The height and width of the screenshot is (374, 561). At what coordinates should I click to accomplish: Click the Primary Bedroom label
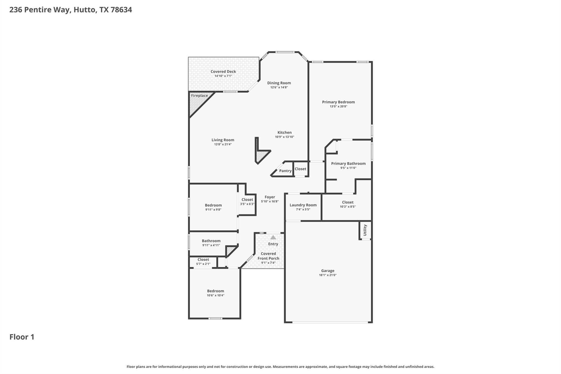[x=338, y=102]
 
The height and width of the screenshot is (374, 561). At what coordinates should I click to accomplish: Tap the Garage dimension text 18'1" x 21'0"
[x=328, y=275]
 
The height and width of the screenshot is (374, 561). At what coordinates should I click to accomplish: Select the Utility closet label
[x=365, y=230]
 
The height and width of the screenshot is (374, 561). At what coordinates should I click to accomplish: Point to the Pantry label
[x=285, y=171]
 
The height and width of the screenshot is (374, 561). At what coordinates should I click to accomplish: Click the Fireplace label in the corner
[x=199, y=96]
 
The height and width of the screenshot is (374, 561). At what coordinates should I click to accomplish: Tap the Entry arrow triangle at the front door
[x=273, y=237]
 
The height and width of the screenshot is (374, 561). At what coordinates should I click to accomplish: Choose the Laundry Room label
[x=303, y=205]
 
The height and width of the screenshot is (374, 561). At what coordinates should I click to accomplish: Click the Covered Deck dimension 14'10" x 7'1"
[x=223, y=76]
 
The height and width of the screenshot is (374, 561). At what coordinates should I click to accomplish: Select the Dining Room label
[x=279, y=83]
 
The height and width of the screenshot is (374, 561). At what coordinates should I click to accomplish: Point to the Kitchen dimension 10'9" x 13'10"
[x=284, y=137]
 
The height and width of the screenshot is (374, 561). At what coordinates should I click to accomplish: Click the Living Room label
[x=223, y=140]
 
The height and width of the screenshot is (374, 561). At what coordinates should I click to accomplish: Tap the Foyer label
[x=270, y=197]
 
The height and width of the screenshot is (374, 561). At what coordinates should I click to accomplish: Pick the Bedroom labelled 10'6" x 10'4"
[x=215, y=291]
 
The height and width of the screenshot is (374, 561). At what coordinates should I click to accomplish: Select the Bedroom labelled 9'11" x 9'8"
[x=213, y=205]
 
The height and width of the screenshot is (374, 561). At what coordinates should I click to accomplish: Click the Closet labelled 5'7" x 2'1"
[x=203, y=259]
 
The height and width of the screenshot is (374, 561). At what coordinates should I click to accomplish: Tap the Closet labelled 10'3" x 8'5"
[x=348, y=202]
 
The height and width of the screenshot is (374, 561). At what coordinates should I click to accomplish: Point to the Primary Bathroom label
[x=348, y=164]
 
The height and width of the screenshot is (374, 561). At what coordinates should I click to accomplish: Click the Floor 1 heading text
[x=22, y=337]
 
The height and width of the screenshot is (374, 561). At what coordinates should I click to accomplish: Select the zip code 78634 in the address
[x=121, y=10]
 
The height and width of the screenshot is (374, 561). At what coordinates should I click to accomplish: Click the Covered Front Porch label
[x=268, y=256]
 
